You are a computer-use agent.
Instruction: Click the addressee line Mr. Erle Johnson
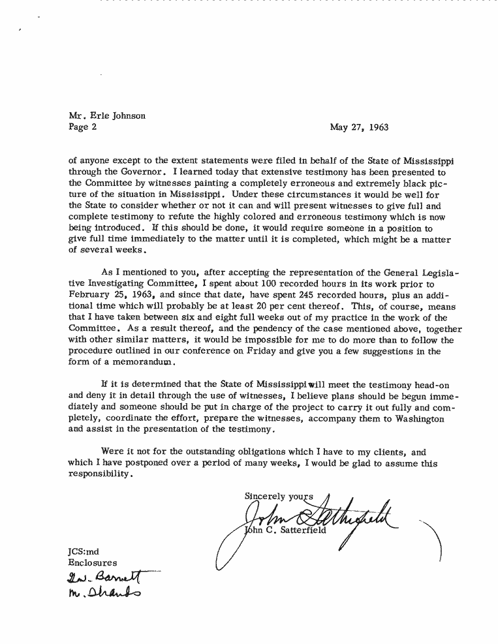point(107,116)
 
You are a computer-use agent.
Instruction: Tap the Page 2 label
point(83,127)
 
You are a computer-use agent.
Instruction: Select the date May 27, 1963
point(359,127)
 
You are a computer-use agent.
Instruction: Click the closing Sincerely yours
point(279,495)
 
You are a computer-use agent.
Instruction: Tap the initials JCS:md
point(83,551)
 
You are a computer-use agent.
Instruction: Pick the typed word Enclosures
point(93,562)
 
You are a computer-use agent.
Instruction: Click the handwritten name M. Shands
point(104,592)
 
